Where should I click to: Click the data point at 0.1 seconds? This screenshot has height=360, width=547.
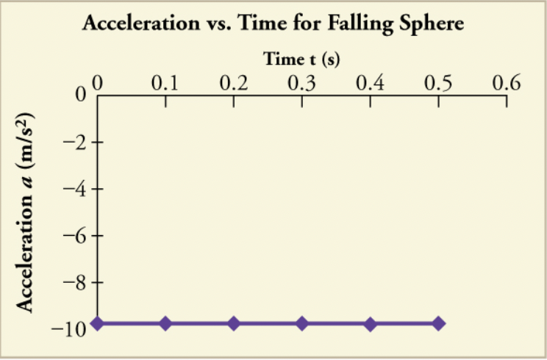(x=165, y=323)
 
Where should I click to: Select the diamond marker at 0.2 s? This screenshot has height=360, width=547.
(x=234, y=323)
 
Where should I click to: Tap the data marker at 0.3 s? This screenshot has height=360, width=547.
(x=302, y=323)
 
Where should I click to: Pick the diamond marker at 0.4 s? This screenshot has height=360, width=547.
(x=371, y=323)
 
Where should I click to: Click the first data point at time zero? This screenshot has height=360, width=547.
(x=97, y=323)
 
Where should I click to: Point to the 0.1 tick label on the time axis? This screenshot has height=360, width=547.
(x=165, y=82)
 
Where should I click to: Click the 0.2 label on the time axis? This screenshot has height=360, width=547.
(x=234, y=82)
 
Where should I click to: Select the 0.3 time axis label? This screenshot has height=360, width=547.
(x=302, y=82)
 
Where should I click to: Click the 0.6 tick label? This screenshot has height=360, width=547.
(x=505, y=82)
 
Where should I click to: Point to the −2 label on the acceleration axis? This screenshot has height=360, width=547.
(x=74, y=143)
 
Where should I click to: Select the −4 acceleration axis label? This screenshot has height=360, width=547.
(x=74, y=190)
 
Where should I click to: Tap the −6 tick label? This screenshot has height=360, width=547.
(x=74, y=236)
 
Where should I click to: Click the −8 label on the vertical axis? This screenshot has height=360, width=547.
(x=74, y=283)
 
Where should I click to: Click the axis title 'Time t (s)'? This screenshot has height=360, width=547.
(x=301, y=58)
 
